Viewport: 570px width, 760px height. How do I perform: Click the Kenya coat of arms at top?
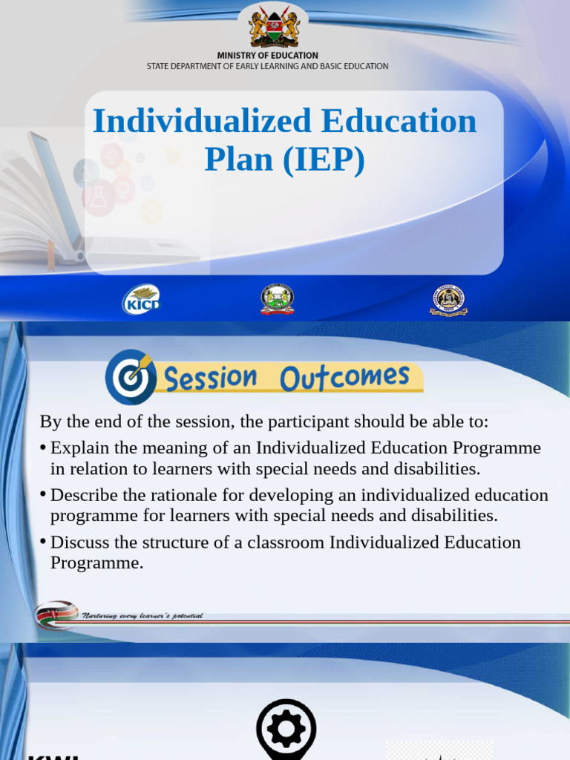pos(274,26)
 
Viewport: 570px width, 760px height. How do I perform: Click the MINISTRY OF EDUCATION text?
pos(267,56)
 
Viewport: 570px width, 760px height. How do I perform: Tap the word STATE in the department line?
pos(158,66)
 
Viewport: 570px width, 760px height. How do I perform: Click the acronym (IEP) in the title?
pos(324,160)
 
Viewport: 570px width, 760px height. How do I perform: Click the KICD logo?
pos(141,299)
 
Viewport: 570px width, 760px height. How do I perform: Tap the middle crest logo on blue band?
pos(277,299)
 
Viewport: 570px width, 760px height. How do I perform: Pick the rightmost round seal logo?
pos(448,299)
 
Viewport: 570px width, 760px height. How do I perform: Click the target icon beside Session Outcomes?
pos(131,376)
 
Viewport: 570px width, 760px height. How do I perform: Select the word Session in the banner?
pos(210,379)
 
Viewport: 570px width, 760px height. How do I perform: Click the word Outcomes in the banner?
pos(344,377)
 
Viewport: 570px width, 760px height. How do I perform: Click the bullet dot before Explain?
pos(44,448)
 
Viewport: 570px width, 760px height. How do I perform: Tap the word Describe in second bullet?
pos(81,495)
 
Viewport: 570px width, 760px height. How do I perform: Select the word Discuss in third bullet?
pos(78,542)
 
